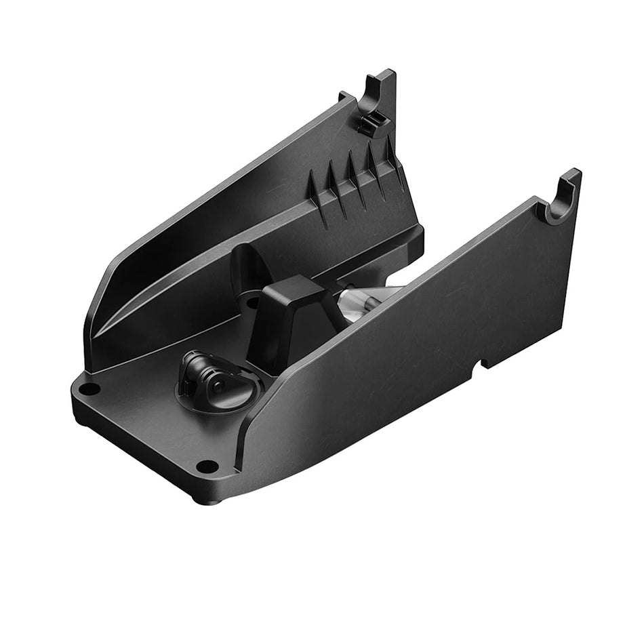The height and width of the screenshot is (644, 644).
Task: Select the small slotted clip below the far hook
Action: click(x=372, y=123)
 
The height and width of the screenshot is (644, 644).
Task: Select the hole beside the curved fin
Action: click(x=253, y=304)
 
